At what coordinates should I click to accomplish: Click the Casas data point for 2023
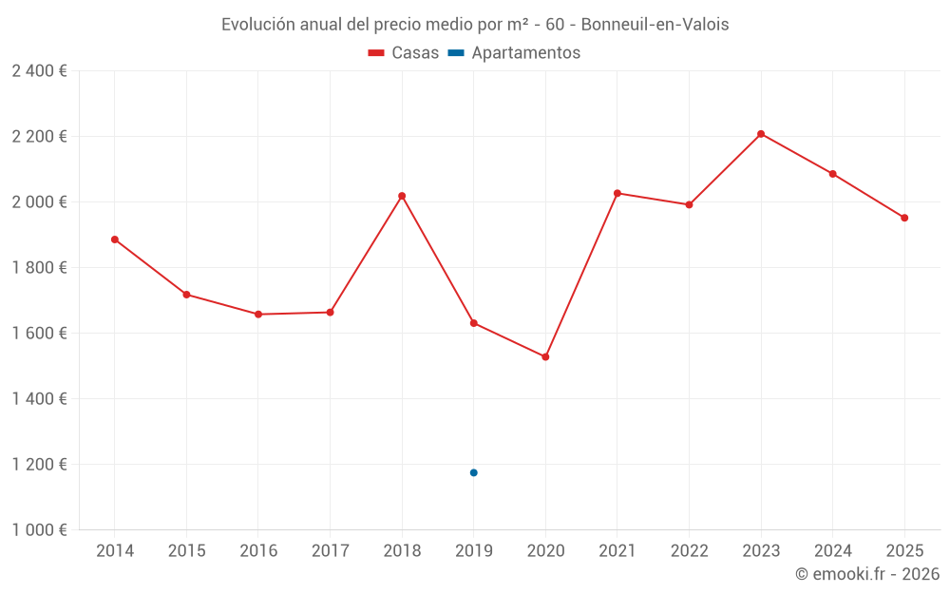(761, 134)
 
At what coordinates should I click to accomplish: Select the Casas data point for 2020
(545, 356)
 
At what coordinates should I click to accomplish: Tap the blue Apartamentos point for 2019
(473, 472)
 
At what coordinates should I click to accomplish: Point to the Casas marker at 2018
(402, 196)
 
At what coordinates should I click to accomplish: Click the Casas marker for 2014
(115, 240)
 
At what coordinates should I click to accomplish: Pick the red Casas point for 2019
(473, 323)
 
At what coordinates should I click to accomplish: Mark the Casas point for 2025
(904, 218)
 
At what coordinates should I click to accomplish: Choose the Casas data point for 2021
(617, 193)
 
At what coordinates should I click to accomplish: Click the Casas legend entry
(404, 53)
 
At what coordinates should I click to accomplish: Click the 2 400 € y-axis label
(39, 71)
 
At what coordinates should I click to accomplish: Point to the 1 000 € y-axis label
(39, 530)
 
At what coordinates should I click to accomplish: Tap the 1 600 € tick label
(39, 334)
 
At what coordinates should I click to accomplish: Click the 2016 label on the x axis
(258, 551)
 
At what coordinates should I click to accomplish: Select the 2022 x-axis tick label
(689, 551)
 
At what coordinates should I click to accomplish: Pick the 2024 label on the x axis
(832, 551)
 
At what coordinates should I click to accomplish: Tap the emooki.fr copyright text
(867, 574)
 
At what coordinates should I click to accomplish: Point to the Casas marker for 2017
(330, 312)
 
